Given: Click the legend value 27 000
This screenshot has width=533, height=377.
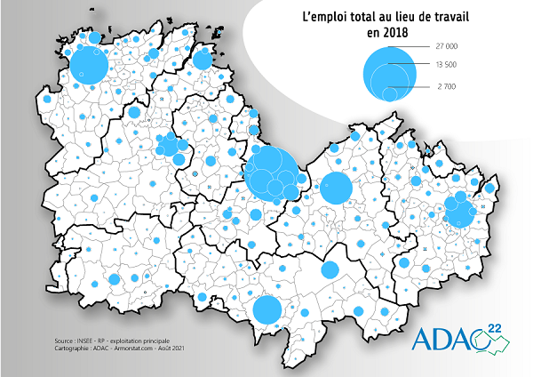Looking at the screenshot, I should coord(446,45).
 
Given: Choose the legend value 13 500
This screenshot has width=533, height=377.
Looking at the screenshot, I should coord(446,65).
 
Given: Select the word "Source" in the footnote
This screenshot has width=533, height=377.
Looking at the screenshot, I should coord(65,339).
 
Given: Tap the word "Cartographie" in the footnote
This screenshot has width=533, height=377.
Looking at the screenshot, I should coord(75,347).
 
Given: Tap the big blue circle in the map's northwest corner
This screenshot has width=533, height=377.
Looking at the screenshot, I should coord(89,65).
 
